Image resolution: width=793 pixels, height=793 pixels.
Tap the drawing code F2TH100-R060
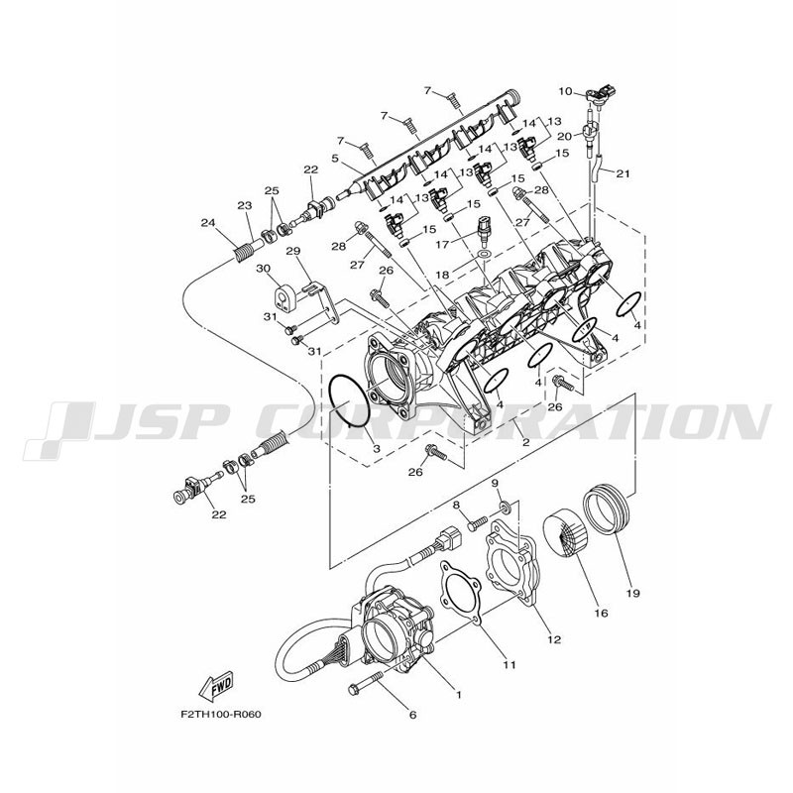pos(221,715)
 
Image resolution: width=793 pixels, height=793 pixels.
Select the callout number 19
pos(632,593)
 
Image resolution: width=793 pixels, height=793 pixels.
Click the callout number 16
pos(602,614)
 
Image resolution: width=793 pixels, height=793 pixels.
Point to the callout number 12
pos(554,639)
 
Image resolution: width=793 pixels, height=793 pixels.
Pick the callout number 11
pos(509,664)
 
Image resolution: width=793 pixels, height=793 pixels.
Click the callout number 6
pos(412,715)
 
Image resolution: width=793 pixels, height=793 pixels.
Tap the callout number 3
pos(377,449)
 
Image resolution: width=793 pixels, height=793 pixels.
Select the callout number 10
pos(565,91)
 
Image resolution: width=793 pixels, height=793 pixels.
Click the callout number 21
pos(623,173)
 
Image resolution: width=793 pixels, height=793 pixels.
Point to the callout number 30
pos(263,268)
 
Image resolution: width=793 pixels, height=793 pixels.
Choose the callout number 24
pos(207,221)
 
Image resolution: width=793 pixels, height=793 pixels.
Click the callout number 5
pos(335,159)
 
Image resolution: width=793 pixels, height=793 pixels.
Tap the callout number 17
pos(442,244)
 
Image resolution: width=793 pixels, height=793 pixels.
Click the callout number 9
pos(495,484)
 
